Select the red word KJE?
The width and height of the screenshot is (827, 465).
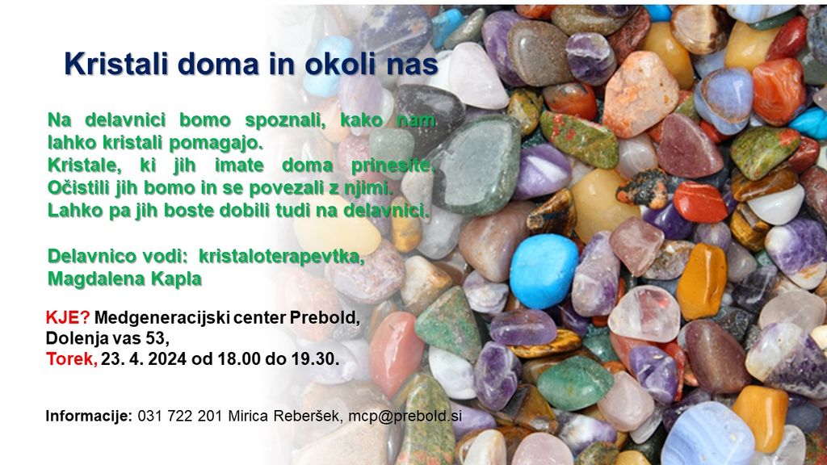coord(68,318)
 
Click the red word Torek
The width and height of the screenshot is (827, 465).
coord(71,359)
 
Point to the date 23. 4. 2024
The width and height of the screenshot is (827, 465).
coord(144,359)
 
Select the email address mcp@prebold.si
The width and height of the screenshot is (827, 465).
coord(405,416)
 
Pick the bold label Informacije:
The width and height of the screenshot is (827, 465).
coord(89,416)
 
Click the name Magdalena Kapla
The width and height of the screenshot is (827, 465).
coord(124,279)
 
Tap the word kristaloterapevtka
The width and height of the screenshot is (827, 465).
coord(282,257)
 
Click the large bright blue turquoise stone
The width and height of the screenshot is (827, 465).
coord(544,271)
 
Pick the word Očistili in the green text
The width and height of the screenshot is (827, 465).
coord(80,188)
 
